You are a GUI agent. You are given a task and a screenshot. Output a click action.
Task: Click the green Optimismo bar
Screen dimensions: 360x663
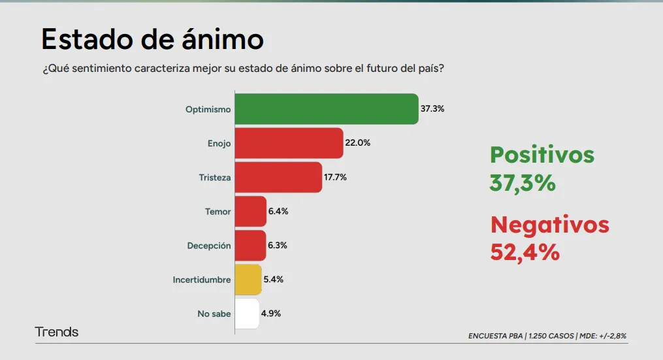click(x=326, y=109)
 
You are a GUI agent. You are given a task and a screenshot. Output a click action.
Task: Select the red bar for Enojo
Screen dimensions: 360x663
click(x=289, y=143)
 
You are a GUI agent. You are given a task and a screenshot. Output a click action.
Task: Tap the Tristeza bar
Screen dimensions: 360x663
click(x=278, y=177)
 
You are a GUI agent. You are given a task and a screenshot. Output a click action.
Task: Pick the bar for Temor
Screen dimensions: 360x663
click(x=250, y=211)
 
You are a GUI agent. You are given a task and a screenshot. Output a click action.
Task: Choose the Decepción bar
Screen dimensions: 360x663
click(x=250, y=245)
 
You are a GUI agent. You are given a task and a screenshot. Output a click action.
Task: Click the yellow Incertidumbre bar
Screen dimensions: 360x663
click(x=248, y=279)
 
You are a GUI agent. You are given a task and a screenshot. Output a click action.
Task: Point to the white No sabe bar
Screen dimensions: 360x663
click(x=247, y=314)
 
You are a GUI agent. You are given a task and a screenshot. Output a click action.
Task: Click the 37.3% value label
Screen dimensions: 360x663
click(x=432, y=109)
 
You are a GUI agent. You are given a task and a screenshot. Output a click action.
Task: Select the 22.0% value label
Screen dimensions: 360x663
click(x=357, y=143)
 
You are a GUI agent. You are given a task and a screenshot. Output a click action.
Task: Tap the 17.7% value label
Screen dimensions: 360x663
click(x=335, y=177)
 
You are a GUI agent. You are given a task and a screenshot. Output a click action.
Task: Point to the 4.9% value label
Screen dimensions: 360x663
click(x=270, y=314)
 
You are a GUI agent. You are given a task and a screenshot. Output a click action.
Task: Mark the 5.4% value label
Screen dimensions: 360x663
click(x=273, y=279)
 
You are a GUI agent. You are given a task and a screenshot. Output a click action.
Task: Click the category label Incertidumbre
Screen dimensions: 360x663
click(x=202, y=280)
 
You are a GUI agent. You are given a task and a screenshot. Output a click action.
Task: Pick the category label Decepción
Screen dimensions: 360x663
click(x=209, y=246)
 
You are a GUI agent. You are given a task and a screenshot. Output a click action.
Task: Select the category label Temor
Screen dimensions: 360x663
click(x=218, y=212)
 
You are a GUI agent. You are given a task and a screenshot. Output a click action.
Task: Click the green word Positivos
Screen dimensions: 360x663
click(x=542, y=155)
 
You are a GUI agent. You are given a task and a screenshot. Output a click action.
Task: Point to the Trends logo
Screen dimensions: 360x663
click(x=57, y=332)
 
